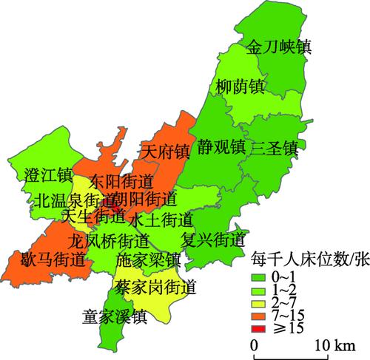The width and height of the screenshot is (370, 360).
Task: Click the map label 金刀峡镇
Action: [x=278, y=47]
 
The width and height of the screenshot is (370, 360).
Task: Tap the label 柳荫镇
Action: [x=240, y=86]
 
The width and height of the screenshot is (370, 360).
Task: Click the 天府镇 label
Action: [x=166, y=152]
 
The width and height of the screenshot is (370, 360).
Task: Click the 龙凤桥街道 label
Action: [x=108, y=240]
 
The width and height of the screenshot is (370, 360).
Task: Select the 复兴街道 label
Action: [x=212, y=240]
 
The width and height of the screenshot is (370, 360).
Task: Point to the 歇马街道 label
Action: [x=53, y=259]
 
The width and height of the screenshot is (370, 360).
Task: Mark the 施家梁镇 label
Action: [x=148, y=261]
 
